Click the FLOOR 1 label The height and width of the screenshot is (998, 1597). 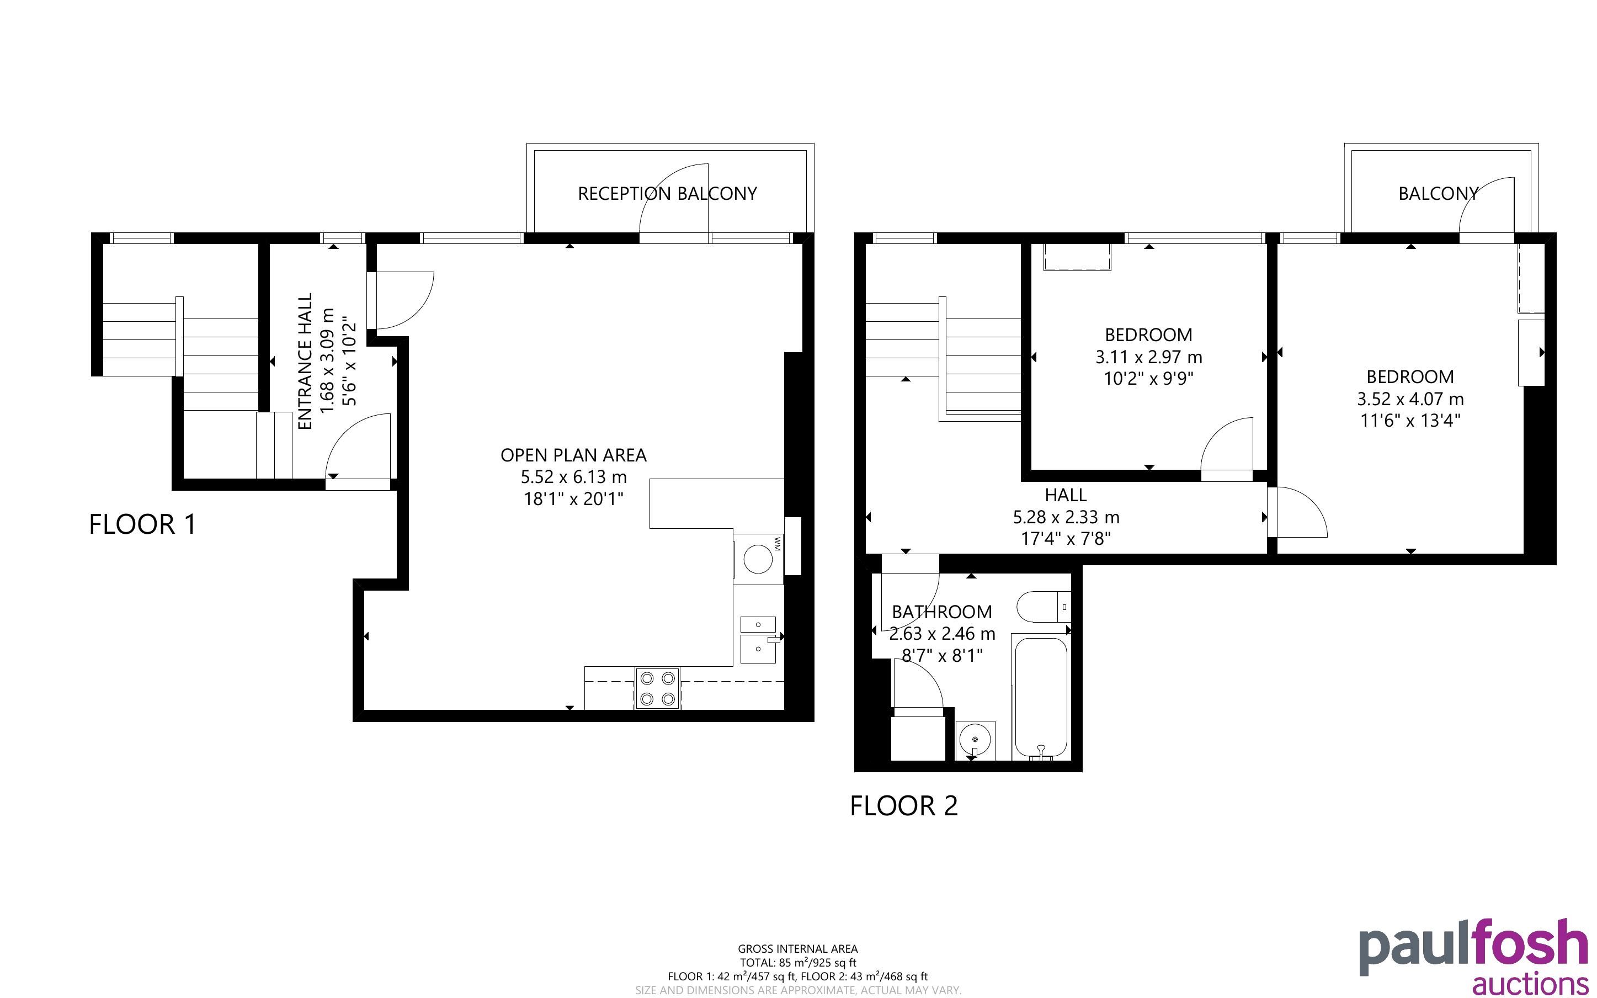click(142, 525)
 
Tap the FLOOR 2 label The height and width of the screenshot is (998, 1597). click(904, 806)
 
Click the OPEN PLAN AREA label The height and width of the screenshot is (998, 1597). click(573, 455)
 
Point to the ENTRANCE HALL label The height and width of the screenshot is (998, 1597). click(305, 361)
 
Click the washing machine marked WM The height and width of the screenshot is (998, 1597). click(758, 559)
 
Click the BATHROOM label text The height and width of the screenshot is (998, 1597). click(941, 612)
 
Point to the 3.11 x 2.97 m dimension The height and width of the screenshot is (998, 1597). click(1148, 357)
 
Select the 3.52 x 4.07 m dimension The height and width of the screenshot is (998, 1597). click(1410, 399)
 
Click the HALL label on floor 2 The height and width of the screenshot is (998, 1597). click(1066, 495)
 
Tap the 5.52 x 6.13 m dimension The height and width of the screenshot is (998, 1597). click(573, 476)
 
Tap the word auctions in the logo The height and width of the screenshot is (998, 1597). click(1530, 984)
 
